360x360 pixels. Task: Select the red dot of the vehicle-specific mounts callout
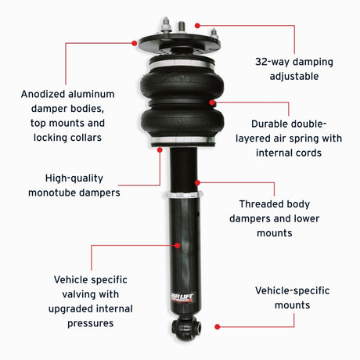coord(217,325)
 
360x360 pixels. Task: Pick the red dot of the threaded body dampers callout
coord(199,181)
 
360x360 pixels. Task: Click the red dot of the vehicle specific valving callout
coord(178,245)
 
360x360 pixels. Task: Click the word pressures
coord(91,323)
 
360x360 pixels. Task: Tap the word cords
coord(306,153)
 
